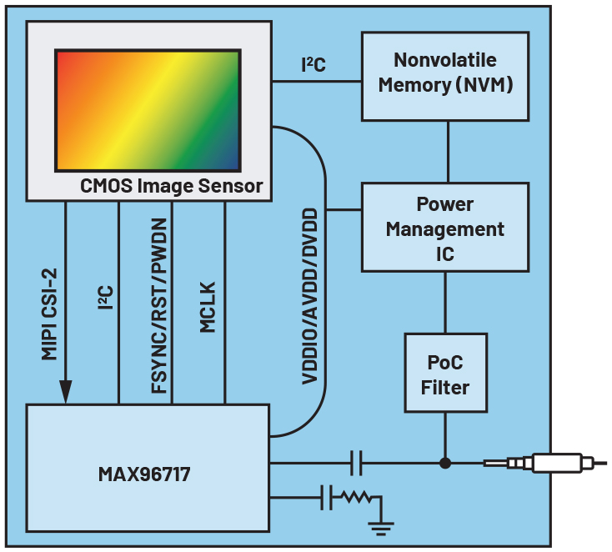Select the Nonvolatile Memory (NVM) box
click(x=444, y=75)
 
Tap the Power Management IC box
click(x=444, y=228)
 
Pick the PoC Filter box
click(x=444, y=373)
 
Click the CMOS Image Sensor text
click(x=172, y=186)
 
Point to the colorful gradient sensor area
click(x=148, y=109)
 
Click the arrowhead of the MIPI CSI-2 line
click(x=65, y=390)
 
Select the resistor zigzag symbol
click(x=354, y=499)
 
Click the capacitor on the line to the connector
click(x=356, y=462)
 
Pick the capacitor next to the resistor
click(x=326, y=499)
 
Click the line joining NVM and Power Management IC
click(x=448, y=151)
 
